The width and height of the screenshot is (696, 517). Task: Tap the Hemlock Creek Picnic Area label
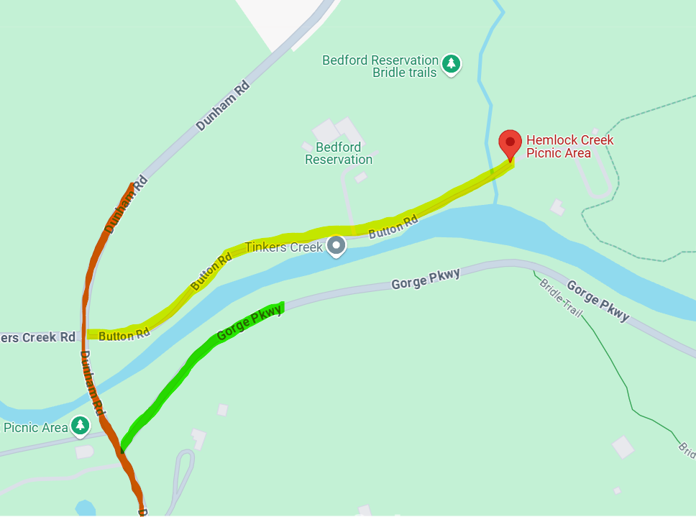pos(569,146)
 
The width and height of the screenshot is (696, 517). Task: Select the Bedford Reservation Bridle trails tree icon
pos(451,63)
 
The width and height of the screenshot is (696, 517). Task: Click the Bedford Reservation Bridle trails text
pos(381,66)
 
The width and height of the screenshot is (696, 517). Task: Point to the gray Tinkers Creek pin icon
pos(336,247)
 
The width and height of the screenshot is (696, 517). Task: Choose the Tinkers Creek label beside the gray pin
pos(285,247)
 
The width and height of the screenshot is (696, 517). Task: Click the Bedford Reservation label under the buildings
pos(339,153)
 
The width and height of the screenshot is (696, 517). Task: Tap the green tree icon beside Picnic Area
pos(80,425)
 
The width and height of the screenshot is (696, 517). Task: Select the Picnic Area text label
pos(35,427)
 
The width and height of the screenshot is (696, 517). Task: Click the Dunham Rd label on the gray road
pos(222,106)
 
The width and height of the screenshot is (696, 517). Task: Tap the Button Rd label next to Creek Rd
pos(124,334)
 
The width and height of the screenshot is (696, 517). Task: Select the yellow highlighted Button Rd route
pos(302,236)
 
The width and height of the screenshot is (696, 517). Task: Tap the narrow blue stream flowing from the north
pos(489,86)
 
